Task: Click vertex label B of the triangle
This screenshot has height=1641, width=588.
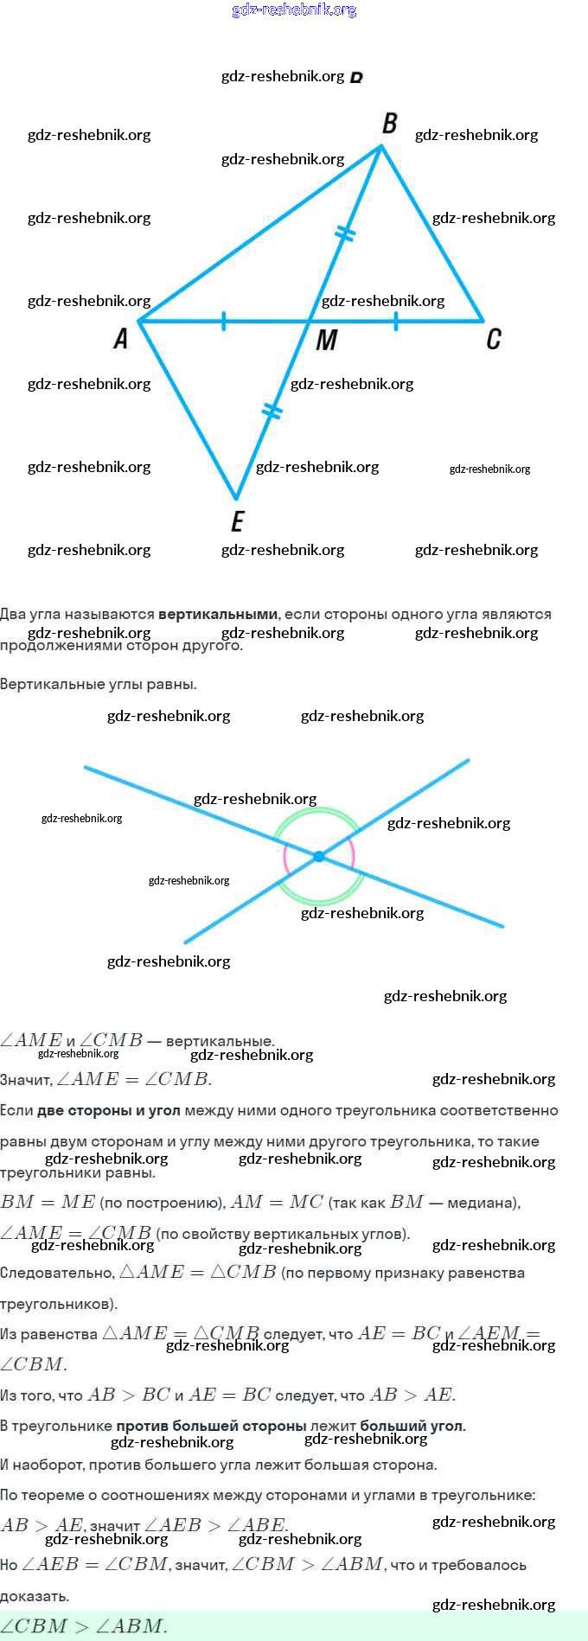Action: tap(390, 124)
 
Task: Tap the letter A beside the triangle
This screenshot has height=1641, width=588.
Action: tap(121, 338)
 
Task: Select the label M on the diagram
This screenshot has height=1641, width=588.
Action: tap(326, 341)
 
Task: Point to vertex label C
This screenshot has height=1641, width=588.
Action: tap(493, 339)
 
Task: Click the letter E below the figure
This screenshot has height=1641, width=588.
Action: tap(238, 521)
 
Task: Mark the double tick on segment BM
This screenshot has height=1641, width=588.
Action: tap(345, 233)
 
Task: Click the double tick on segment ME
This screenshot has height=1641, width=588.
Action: tap(272, 411)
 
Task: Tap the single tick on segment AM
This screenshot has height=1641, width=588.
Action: tap(224, 322)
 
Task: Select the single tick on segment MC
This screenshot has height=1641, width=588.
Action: tap(396, 322)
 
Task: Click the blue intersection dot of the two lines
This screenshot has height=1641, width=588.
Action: tap(319, 856)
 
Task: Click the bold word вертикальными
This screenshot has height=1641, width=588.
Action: tap(218, 615)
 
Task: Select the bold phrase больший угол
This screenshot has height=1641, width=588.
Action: tap(412, 1426)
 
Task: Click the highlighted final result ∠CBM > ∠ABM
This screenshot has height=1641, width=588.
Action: tap(83, 1625)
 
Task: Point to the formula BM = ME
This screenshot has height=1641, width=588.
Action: tap(48, 1202)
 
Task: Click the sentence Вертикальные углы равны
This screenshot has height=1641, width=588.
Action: tap(99, 685)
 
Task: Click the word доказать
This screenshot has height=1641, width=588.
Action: tap(35, 1596)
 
